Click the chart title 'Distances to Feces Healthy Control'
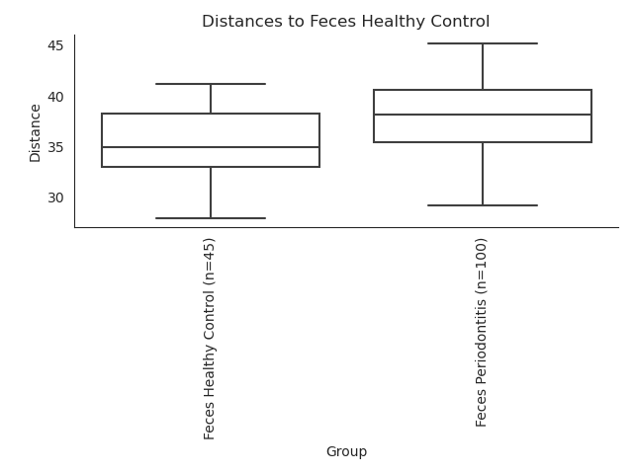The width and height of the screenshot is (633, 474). point(345,22)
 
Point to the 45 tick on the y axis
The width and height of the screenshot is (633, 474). point(55,46)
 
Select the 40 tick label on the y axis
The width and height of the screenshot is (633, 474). point(55,97)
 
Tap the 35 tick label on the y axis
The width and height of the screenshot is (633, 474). point(55,147)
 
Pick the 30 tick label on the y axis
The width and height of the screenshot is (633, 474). point(55,197)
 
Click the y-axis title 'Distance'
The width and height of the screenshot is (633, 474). point(36,133)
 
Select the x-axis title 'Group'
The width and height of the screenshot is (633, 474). point(346,451)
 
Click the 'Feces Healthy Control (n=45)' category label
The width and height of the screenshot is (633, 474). point(209,339)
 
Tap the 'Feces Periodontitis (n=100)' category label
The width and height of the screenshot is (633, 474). point(481,333)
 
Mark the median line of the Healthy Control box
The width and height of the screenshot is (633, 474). point(211,147)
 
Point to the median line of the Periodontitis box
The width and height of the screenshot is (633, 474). point(483,115)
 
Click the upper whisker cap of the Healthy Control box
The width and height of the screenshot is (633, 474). point(211,84)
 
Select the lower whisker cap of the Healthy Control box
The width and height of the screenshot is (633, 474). point(211,218)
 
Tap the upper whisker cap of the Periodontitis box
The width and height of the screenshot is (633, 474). point(483,43)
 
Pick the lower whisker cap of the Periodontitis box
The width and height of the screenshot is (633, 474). point(483,205)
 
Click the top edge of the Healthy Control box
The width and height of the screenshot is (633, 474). point(211,114)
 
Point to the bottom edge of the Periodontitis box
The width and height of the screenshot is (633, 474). point(483,142)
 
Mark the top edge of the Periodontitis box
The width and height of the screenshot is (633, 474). point(483,90)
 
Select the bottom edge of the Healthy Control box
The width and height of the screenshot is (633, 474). point(211,167)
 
